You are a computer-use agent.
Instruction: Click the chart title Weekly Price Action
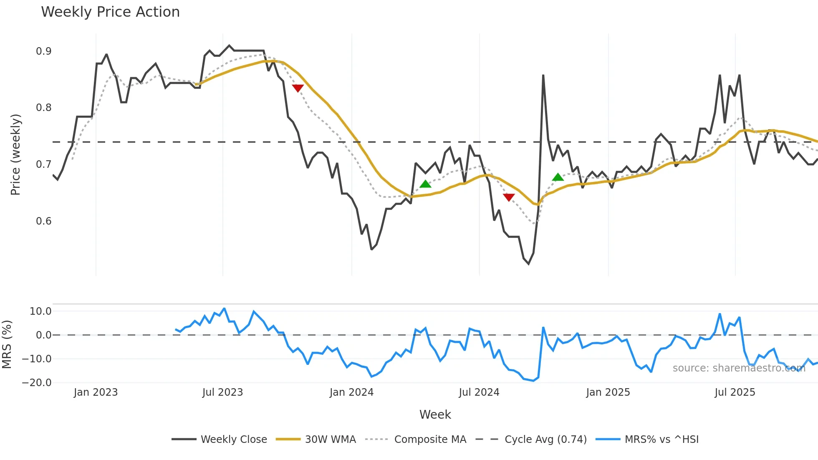pos(110,12)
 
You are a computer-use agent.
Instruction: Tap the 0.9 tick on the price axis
pos(43,51)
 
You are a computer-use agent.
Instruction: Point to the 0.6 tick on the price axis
pos(43,221)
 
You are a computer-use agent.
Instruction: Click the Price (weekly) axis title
pos(15,154)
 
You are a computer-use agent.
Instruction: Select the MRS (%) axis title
pos(7,344)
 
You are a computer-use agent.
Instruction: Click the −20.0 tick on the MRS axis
pos(37,383)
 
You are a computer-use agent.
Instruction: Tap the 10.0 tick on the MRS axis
pos(40,311)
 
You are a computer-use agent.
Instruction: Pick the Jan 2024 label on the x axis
pos(351,392)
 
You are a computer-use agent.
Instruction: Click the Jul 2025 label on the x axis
pos(735,392)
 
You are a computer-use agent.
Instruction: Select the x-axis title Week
pos(435,415)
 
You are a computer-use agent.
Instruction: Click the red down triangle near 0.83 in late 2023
pos(298,88)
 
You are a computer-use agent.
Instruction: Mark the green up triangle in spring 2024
pos(425,184)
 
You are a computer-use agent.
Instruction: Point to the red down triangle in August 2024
pos(509,197)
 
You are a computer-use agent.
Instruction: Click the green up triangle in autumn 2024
pos(558,177)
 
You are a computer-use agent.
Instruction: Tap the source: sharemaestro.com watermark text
pos(739,368)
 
